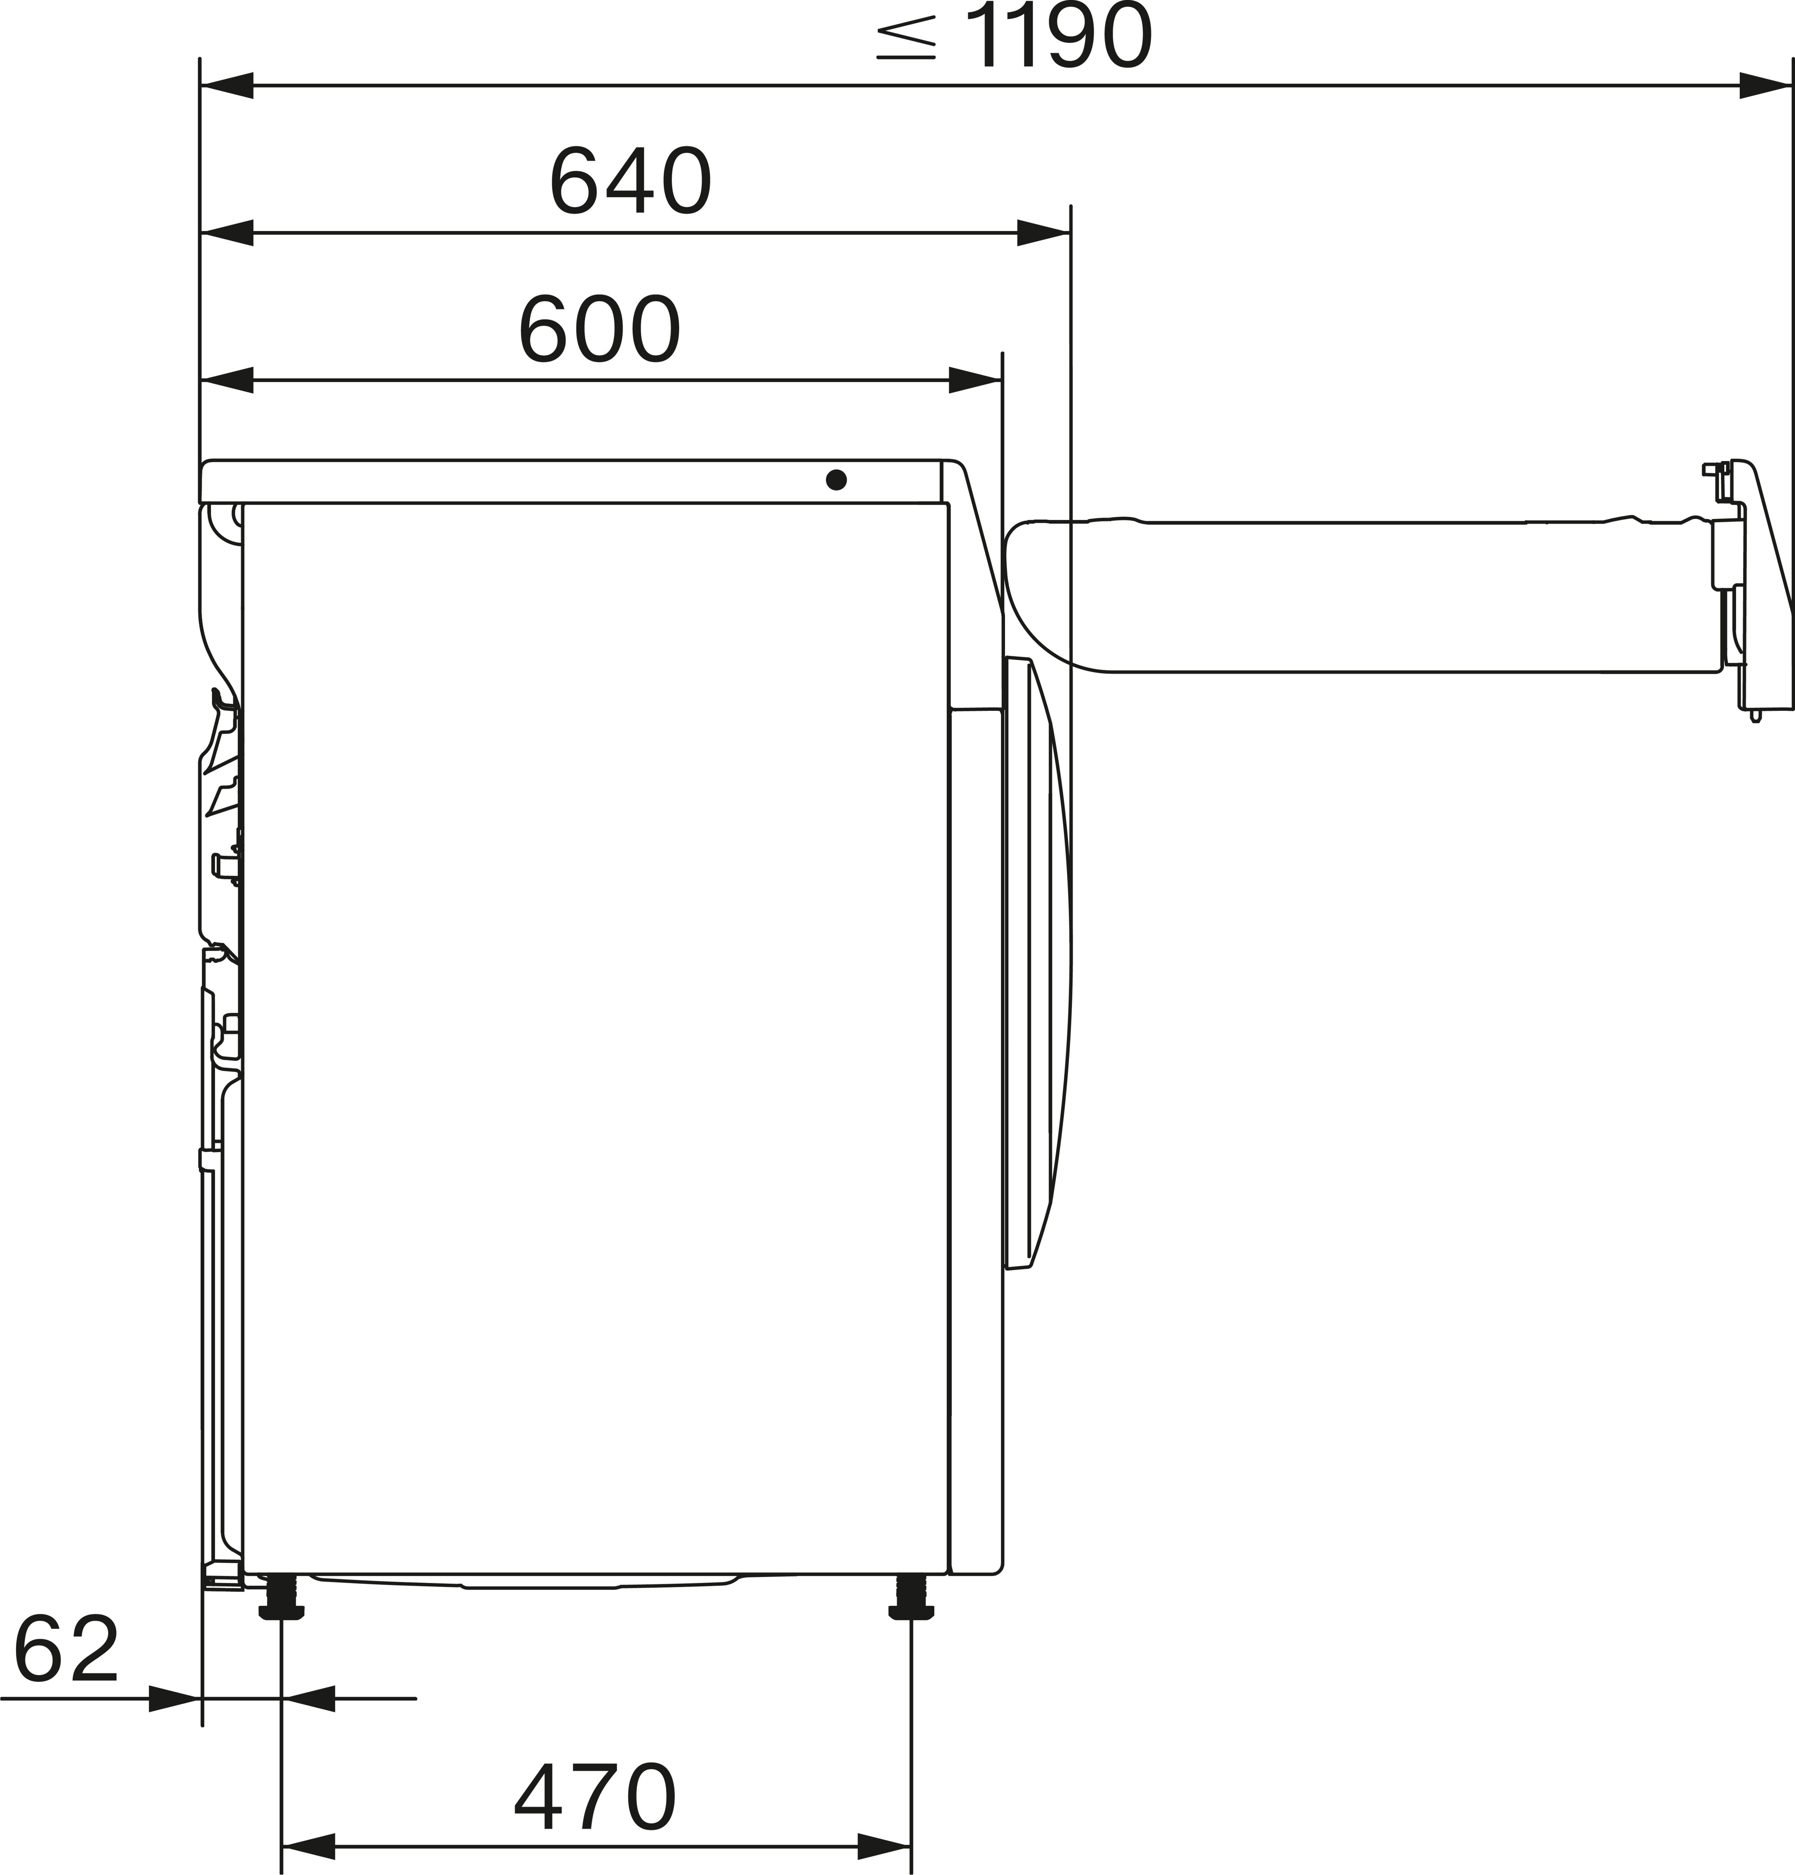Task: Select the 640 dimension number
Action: click(631, 182)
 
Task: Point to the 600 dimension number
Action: click(600, 330)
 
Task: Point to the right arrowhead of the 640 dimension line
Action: click(1043, 233)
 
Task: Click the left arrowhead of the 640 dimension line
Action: click(227, 233)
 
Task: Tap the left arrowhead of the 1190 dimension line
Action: click(227, 85)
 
